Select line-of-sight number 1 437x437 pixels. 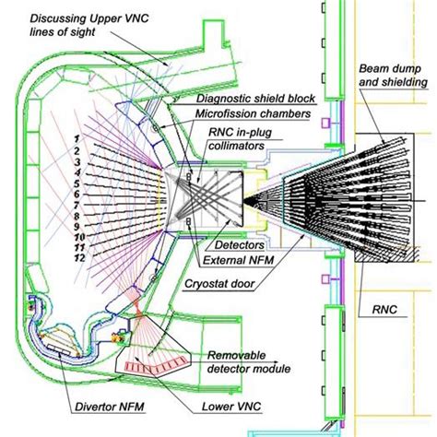[x=80, y=136]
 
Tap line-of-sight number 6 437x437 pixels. [x=80, y=193]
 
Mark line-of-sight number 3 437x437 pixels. [x=80, y=159]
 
